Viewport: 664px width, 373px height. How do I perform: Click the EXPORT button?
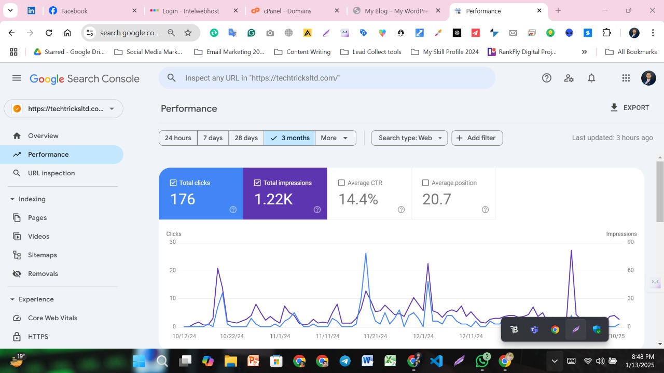630,108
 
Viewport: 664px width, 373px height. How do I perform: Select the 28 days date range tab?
246,138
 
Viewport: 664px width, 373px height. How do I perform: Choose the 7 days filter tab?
213,138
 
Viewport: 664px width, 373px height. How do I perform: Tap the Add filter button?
477,138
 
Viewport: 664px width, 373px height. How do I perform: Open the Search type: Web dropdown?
409,138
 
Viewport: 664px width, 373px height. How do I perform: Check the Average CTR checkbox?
341,183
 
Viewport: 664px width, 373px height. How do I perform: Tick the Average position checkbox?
425,183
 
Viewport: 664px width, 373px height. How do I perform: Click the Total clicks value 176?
183,199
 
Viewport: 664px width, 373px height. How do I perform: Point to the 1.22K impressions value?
273,199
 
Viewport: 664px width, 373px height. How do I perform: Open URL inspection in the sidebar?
51,173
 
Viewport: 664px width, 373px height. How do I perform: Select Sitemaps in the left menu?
43,255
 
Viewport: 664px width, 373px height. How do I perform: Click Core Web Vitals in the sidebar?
52,318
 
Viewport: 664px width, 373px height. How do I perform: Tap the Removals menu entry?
43,274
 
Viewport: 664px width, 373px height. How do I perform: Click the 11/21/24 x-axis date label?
375,336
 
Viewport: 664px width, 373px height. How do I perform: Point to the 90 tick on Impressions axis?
631,242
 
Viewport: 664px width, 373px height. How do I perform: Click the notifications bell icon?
591,78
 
